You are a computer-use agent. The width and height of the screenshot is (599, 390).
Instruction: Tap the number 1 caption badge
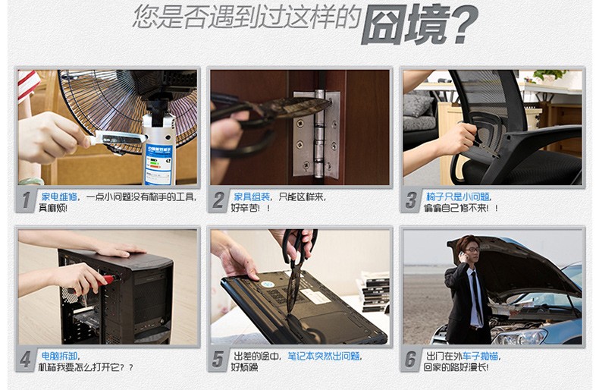(x=26, y=200)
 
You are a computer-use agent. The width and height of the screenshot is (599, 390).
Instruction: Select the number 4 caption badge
(x=26, y=360)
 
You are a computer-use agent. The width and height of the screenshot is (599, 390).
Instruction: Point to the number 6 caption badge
(x=411, y=360)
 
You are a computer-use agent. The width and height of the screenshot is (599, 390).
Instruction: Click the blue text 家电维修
(x=59, y=197)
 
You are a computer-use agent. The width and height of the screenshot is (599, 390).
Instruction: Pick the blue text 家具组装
(x=252, y=197)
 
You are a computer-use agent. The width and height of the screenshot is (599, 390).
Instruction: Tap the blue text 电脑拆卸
(x=59, y=357)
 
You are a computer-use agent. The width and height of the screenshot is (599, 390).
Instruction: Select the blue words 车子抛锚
(x=480, y=357)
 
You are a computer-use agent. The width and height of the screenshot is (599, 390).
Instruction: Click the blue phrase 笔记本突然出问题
(x=323, y=357)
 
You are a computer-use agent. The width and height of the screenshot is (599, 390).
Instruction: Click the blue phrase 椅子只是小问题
(x=458, y=197)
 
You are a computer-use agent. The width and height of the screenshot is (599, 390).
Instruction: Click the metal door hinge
(x=317, y=134)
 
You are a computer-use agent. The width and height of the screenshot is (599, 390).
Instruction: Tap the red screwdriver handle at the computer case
(x=105, y=281)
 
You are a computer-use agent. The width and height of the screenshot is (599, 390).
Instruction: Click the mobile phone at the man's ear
(x=462, y=255)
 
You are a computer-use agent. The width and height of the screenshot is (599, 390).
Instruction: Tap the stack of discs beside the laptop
(x=375, y=291)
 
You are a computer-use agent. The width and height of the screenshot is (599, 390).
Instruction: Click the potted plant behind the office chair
(x=550, y=76)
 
